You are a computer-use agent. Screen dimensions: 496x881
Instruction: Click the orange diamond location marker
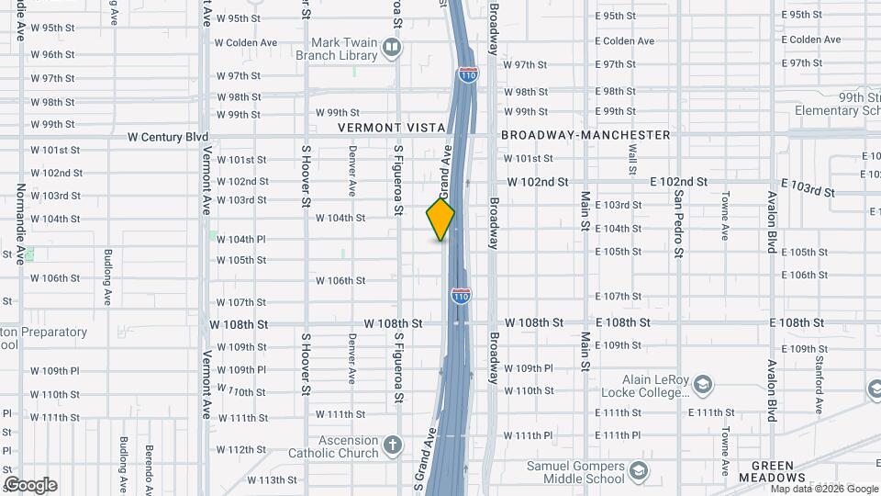pyautogui.click(x=440, y=220)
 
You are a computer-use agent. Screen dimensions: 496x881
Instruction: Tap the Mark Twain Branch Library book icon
pyautogui.click(x=392, y=48)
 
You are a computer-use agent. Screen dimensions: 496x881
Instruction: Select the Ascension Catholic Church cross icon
pyautogui.click(x=392, y=446)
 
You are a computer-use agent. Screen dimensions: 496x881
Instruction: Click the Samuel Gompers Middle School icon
pyautogui.click(x=636, y=472)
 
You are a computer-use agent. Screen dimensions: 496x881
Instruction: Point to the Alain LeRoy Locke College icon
pyautogui.click(x=702, y=384)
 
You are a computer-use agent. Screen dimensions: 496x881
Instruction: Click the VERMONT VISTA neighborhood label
pyautogui.click(x=391, y=128)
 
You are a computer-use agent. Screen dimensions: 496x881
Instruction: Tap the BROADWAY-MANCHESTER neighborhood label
pyautogui.click(x=585, y=135)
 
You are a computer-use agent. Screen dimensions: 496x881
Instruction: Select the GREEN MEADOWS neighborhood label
pyautogui.click(x=777, y=466)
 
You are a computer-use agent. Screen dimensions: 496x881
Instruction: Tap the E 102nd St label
pyautogui.click(x=678, y=182)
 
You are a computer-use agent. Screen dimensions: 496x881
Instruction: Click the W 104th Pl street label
pyautogui.click(x=241, y=239)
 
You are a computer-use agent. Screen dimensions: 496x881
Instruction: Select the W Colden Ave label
pyautogui.click(x=245, y=42)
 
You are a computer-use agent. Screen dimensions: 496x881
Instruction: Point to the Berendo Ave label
pyautogui.click(x=147, y=460)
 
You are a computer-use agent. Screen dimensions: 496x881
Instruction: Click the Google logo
pyautogui.click(x=30, y=485)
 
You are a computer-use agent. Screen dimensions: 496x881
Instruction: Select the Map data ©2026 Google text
pyautogui.click(x=824, y=489)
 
